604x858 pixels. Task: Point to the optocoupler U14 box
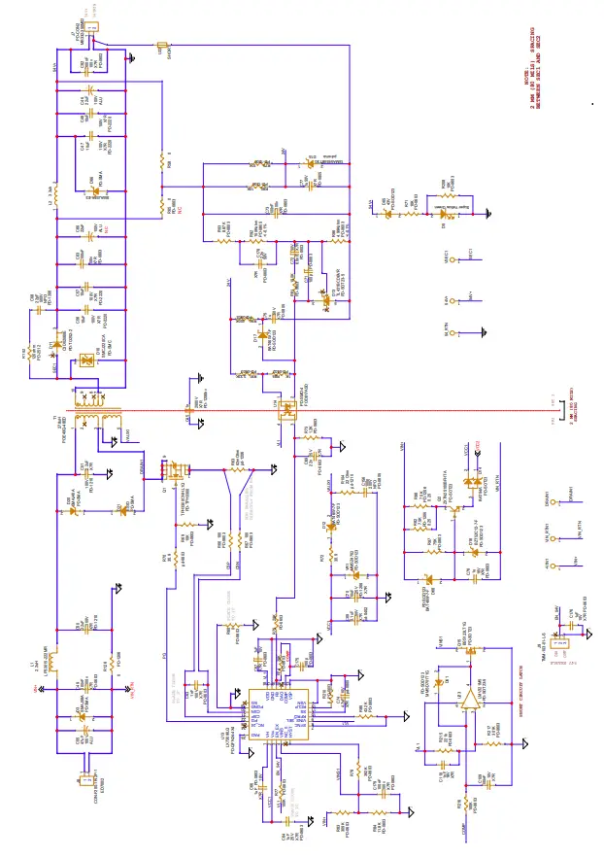287,414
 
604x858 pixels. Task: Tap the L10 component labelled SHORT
162,45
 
